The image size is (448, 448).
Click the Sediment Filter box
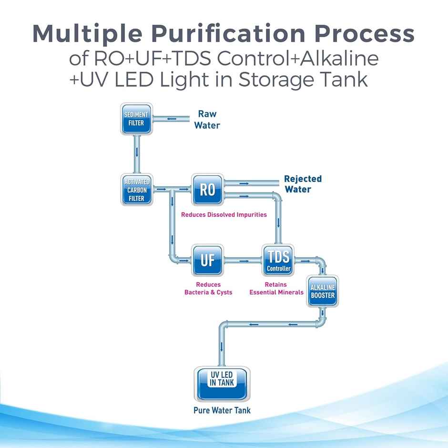(x=137, y=120)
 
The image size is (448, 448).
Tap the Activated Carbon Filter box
(x=137, y=190)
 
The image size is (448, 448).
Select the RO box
(x=207, y=190)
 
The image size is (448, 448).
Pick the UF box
(x=207, y=260)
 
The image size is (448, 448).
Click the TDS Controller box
(x=278, y=260)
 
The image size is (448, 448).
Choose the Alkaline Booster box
(x=323, y=291)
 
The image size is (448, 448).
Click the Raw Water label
(x=207, y=120)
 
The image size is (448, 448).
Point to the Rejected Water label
(x=303, y=184)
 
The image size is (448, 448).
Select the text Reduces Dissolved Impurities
(x=224, y=215)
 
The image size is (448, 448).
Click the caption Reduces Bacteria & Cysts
(x=208, y=288)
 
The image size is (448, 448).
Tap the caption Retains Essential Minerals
(x=276, y=288)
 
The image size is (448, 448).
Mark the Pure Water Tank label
(x=222, y=410)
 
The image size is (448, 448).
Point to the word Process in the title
(x=365, y=34)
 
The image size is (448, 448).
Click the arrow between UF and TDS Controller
(x=244, y=261)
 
